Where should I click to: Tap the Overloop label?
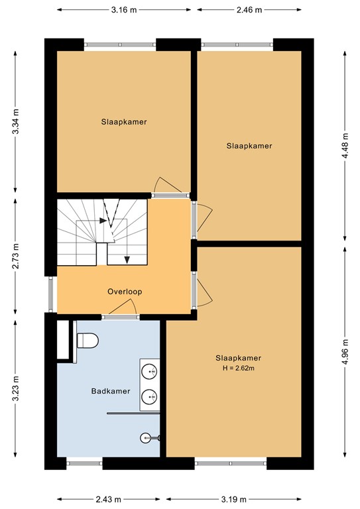[125, 292]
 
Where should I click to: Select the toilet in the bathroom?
[88, 341]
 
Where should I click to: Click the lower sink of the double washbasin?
[149, 397]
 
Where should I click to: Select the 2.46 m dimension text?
[249, 10]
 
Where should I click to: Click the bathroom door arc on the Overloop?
[123, 308]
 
